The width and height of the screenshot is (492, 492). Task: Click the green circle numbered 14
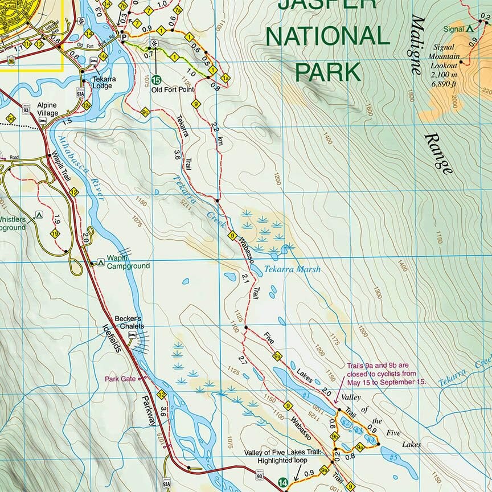click(x=283, y=483)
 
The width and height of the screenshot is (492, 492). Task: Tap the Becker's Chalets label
click(x=128, y=322)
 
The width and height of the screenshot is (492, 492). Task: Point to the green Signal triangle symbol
click(x=470, y=27)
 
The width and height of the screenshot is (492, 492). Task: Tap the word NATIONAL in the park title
click(x=327, y=36)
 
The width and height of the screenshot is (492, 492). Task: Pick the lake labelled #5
click(x=393, y=457)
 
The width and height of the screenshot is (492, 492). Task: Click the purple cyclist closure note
click(x=386, y=374)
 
